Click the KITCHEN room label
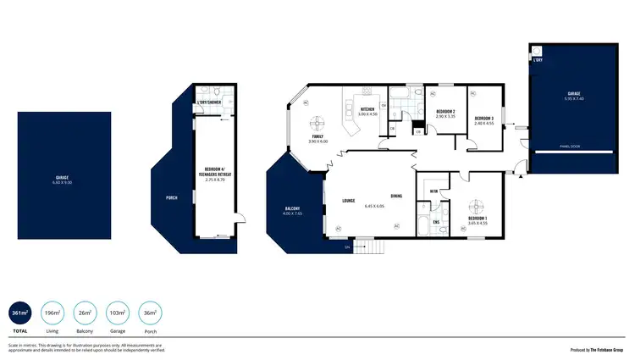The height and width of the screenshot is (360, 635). [x=367, y=109]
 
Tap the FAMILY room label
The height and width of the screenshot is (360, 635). [x=317, y=136]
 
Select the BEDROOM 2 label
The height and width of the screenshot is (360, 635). [x=446, y=112]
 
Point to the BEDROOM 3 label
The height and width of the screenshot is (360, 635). [x=483, y=118]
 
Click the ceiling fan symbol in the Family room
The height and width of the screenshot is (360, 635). [x=317, y=121]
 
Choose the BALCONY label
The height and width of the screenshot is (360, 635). [x=291, y=208]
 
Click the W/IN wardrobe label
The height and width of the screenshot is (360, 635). [x=433, y=191]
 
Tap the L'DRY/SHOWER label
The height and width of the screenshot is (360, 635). [x=208, y=103]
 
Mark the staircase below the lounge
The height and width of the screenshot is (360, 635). [x=368, y=246]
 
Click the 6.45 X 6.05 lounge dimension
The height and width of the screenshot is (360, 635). [x=374, y=206]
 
